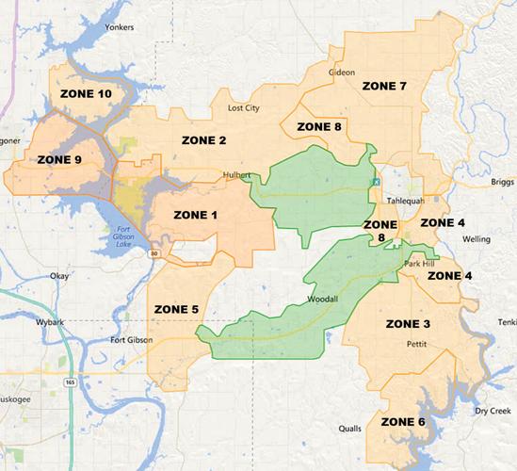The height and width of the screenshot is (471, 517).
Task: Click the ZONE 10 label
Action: tap(86, 94)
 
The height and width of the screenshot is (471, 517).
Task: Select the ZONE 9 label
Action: tap(58, 159)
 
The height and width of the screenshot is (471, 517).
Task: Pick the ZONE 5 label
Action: tap(176, 308)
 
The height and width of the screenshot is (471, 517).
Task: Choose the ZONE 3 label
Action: tap(408, 324)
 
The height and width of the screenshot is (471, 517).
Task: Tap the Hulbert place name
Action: tap(235, 175)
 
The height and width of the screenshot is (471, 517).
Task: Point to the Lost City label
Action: tap(243, 108)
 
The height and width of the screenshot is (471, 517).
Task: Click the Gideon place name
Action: tap(341, 72)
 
